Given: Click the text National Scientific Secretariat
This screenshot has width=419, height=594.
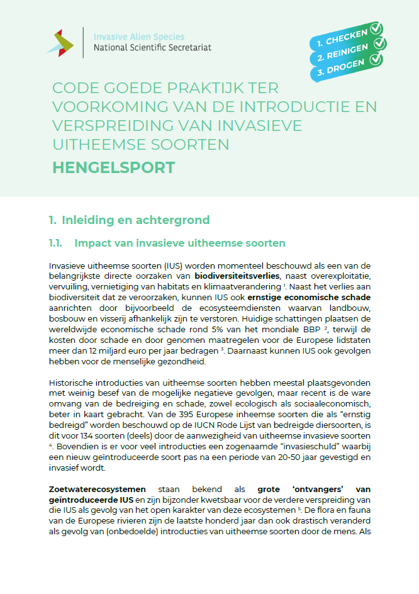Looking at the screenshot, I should [152, 47].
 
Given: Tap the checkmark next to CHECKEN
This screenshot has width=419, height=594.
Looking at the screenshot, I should [376, 28].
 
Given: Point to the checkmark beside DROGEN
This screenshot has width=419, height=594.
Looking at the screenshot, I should [376, 60].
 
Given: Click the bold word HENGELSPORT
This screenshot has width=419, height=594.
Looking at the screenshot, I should [114, 168].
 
